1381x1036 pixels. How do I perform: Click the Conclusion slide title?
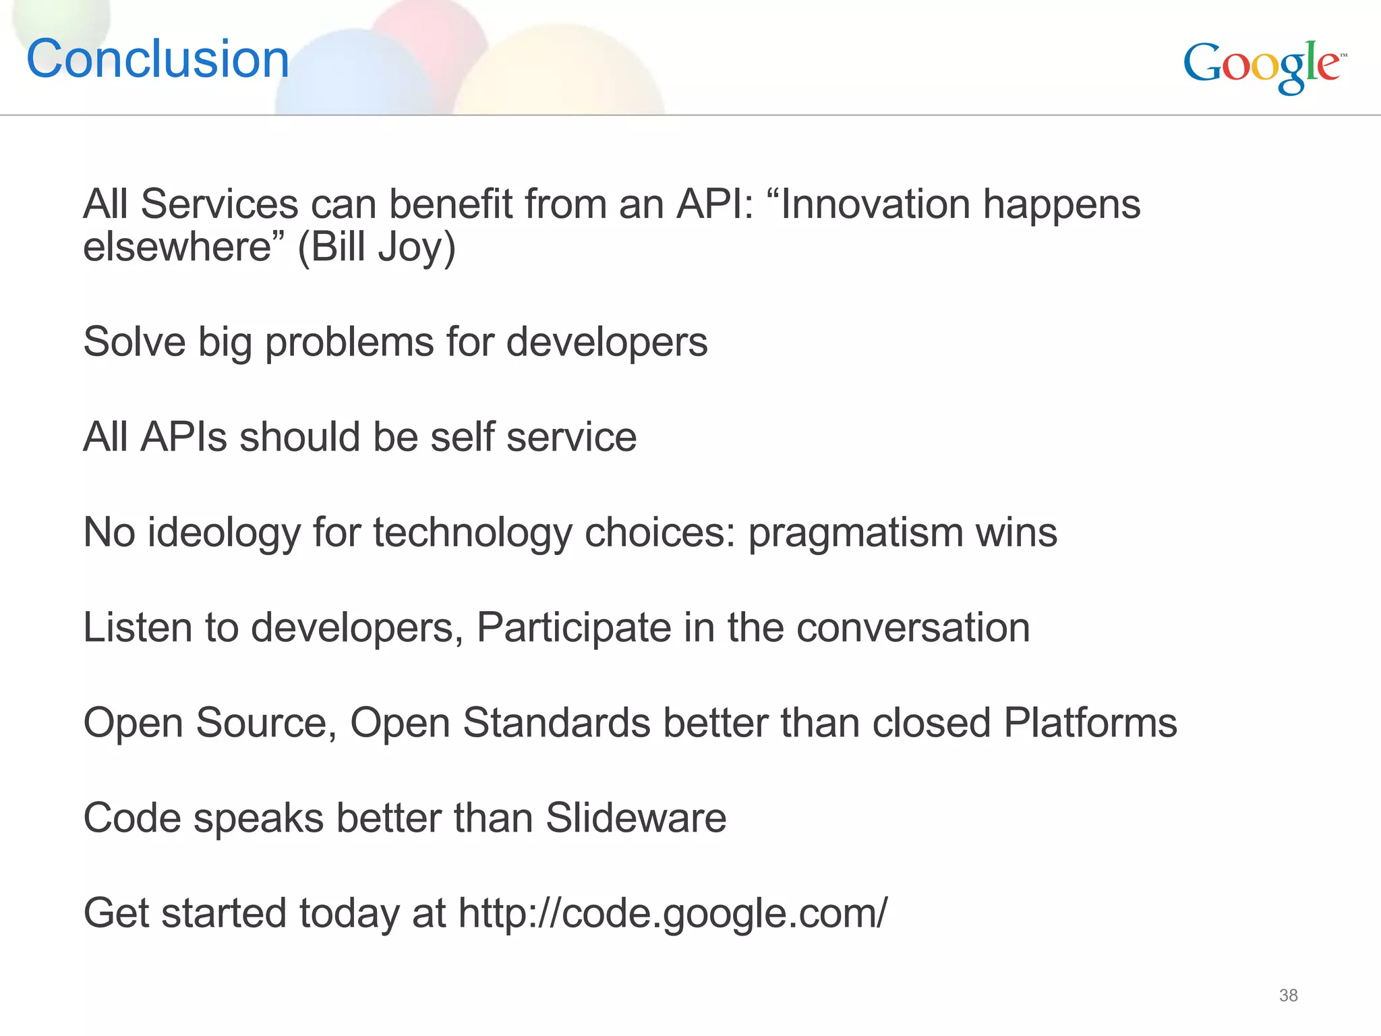(x=158, y=59)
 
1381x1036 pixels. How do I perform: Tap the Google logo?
(x=1263, y=65)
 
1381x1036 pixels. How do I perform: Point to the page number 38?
(x=1288, y=996)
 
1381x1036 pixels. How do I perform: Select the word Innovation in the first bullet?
(x=875, y=204)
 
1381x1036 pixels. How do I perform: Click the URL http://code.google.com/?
(x=672, y=913)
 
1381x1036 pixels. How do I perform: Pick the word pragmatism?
(x=856, y=533)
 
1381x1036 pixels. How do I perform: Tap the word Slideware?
(x=636, y=818)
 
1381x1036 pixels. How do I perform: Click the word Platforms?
(x=1090, y=723)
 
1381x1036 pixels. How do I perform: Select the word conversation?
(x=913, y=628)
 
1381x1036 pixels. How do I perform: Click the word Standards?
(x=556, y=723)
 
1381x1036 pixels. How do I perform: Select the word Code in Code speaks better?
(x=132, y=818)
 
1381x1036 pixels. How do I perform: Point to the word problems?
(x=349, y=342)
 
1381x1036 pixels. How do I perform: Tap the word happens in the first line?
(x=1061, y=204)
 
